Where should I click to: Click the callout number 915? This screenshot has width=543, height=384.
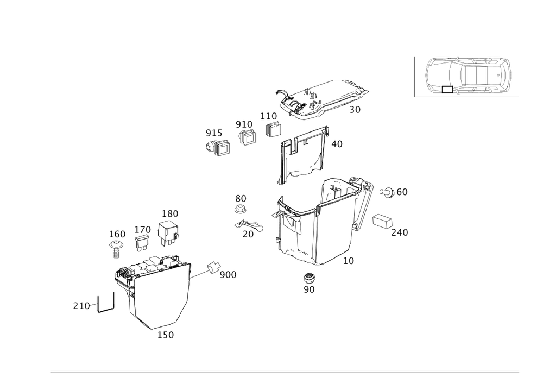pyautogui.click(x=214, y=133)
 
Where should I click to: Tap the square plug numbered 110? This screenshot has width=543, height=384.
pyautogui.click(x=274, y=129)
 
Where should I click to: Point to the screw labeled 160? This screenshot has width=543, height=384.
pyautogui.click(x=116, y=249)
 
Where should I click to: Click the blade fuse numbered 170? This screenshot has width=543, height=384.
pyautogui.click(x=143, y=243)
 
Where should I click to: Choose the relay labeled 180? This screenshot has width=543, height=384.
pyautogui.click(x=169, y=232)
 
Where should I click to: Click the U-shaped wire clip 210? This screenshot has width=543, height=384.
pyautogui.click(x=106, y=303)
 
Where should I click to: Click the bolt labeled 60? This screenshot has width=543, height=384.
pyautogui.click(x=387, y=192)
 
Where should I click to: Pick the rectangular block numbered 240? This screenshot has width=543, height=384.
pyautogui.click(x=382, y=221)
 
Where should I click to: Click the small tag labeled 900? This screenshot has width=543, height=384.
pyautogui.click(x=213, y=268)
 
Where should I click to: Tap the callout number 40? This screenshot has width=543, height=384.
pyautogui.click(x=337, y=144)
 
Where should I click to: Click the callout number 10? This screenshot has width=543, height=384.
pyautogui.click(x=349, y=261)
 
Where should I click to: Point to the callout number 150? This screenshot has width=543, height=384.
pyautogui.click(x=166, y=335)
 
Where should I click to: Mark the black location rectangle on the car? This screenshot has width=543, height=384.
pyautogui.click(x=447, y=89)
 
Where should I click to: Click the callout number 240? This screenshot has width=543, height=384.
pyautogui.click(x=400, y=232)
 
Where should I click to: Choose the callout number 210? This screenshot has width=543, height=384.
pyautogui.click(x=81, y=306)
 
